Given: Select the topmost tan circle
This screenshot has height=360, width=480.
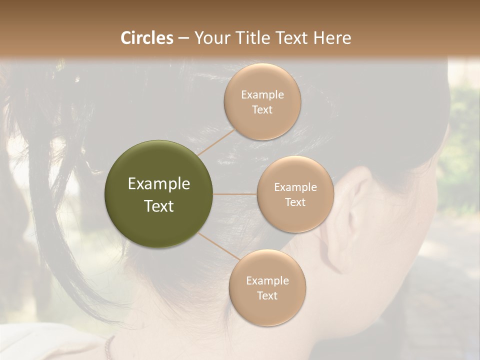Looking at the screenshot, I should pos(262,101).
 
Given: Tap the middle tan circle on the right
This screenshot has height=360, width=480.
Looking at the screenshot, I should pos(295,194).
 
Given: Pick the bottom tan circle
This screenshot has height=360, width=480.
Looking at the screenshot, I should pos(267,287).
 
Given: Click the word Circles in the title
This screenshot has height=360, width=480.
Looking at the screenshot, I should pos(146,38).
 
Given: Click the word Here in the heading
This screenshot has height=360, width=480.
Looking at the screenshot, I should pos(332,38).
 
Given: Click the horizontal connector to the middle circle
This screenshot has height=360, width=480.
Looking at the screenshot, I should pos(235,194).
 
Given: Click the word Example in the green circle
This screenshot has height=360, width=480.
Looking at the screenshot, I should pos(159,184).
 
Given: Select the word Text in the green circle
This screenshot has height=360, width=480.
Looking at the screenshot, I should pos(159,206).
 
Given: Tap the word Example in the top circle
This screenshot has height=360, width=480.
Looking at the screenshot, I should pos(262,95).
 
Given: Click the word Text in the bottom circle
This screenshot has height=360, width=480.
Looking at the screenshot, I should pos(267,295).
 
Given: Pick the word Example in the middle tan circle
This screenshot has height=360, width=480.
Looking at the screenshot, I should pos(295,187).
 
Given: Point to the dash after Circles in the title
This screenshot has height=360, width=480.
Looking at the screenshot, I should pos(183,38).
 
